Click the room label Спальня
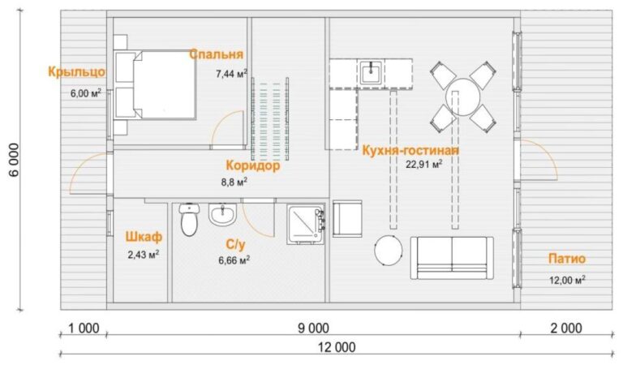[216, 54]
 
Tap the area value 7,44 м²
[232, 74]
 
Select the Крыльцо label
[77, 72]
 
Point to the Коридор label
[253, 165]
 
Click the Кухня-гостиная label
[410, 151]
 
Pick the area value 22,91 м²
[424, 164]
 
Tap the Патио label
[567, 259]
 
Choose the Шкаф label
[144, 237]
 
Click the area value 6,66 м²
[234, 260]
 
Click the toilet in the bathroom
[188, 219]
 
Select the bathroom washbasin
[222, 214]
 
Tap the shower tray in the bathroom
[306, 224]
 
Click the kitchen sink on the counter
[372, 71]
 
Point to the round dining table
[463, 97]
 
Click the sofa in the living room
[452, 257]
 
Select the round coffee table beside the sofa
[389, 251]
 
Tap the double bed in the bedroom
[155, 84]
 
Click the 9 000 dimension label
[313, 328]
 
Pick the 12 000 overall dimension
[337, 347]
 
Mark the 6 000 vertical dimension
[13, 159]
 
